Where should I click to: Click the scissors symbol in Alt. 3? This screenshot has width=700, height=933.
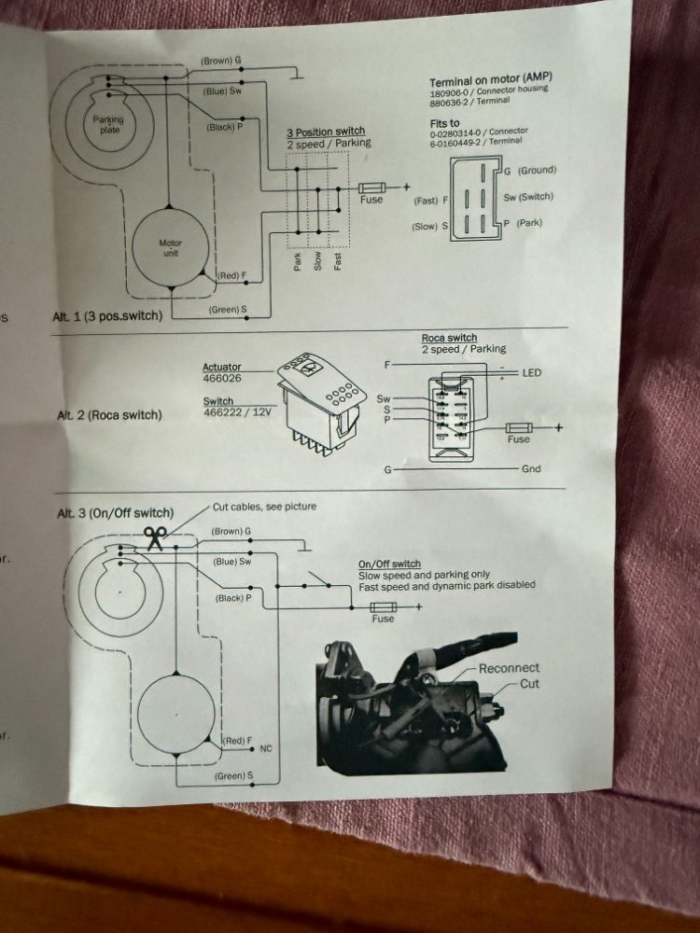click(155, 537)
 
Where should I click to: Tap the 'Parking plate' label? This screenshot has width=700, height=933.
click(108, 125)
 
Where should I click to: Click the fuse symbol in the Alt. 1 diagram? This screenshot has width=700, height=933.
click(371, 188)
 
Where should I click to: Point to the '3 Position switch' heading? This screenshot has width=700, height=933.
click(325, 132)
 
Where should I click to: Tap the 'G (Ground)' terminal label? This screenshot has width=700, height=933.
click(529, 170)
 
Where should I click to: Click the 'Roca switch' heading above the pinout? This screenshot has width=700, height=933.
click(449, 338)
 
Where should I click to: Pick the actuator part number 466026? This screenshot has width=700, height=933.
click(221, 379)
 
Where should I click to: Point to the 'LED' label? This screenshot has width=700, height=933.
click(532, 373)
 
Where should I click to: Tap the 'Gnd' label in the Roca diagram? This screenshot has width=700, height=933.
click(532, 468)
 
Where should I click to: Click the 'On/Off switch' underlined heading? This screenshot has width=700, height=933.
click(389, 564)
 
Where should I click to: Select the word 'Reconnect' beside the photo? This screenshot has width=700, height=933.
click(509, 668)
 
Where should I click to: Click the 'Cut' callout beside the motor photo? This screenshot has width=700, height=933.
click(529, 684)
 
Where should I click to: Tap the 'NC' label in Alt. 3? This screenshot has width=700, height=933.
click(267, 748)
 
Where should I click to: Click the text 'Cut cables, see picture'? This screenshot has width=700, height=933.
click(264, 507)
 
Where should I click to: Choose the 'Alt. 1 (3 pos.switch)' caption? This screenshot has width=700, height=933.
click(106, 316)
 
